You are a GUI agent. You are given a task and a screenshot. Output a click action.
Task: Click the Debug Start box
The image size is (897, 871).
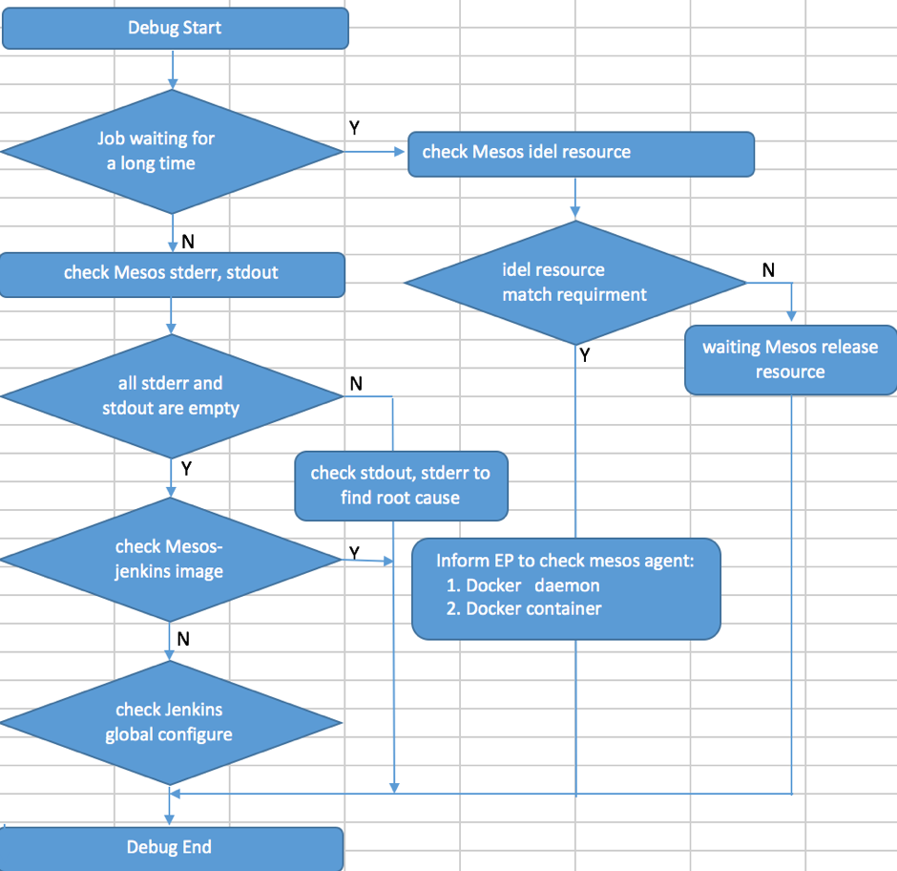(x=175, y=28)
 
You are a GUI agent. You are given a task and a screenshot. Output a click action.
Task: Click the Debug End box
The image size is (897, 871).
(x=170, y=847)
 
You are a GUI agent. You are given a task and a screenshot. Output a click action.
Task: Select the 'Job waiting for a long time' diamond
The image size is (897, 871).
(x=172, y=151)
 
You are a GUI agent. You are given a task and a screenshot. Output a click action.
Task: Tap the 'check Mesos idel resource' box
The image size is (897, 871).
(x=580, y=153)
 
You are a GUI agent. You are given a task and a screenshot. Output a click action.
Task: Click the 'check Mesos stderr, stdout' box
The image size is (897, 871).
(x=172, y=273)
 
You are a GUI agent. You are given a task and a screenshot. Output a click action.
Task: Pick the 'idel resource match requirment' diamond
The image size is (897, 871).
(x=574, y=282)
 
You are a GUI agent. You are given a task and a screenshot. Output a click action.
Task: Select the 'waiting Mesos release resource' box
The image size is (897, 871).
(x=790, y=359)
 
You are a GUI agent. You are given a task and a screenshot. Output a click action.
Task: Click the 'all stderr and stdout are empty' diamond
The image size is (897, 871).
(x=172, y=395)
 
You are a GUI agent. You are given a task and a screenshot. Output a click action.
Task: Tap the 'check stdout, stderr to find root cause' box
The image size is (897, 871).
(x=400, y=485)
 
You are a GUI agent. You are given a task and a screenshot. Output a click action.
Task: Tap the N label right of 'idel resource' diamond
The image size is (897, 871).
(x=769, y=270)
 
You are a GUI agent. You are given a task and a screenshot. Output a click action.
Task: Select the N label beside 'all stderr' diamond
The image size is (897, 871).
(x=356, y=384)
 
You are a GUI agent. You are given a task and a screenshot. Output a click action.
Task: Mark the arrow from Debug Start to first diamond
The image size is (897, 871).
(x=173, y=69)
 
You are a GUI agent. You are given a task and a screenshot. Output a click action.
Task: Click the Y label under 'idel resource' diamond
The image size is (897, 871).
(x=585, y=356)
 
